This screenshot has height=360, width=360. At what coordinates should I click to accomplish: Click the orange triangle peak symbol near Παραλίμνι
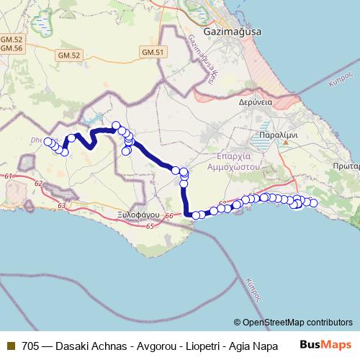tap(286, 143)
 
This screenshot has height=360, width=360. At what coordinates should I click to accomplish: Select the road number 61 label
tap(8, 176)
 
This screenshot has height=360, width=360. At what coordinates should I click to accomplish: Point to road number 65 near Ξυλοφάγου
tap(150, 227)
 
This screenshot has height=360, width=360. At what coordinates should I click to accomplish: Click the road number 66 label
tap(169, 216)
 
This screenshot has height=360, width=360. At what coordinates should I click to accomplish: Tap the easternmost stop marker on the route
tap(313, 203)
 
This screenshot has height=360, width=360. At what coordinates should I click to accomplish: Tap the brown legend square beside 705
tap(10, 346)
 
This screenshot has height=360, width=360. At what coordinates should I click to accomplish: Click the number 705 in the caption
tap(31, 346)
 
